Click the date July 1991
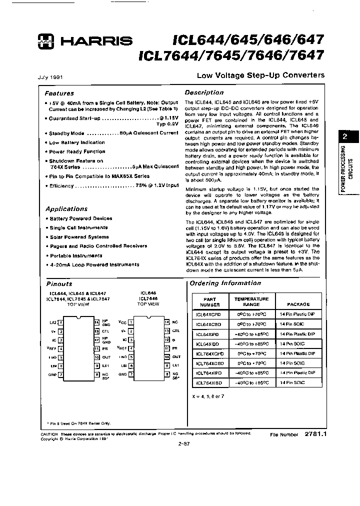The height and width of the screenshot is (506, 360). pyautogui.click(x=50, y=77)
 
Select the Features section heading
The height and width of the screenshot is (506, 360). pyautogui.click(x=59, y=93)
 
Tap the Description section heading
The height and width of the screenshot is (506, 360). pyautogui.click(x=204, y=92)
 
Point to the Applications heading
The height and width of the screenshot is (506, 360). pyautogui.click(x=66, y=209)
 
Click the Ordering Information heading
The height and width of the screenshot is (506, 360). pyautogui.click(x=225, y=283)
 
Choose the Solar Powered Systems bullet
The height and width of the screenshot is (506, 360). pyautogui.click(x=79, y=237)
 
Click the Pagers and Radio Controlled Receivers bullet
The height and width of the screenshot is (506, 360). pyautogui.click(x=98, y=246)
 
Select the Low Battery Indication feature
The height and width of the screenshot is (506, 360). pyautogui.click(x=77, y=142)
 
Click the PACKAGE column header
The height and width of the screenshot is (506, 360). pyautogui.click(x=298, y=304)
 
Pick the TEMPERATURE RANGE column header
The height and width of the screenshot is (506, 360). pyautogui.click(x=251, y=301)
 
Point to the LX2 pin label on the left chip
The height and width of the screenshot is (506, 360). pyautogui.click(x=52, y=323)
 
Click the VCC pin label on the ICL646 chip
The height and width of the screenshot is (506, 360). pyautogui.click(x=122, y=323)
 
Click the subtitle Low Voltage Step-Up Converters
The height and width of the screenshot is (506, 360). pyautogui.click(x=260, y=75)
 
